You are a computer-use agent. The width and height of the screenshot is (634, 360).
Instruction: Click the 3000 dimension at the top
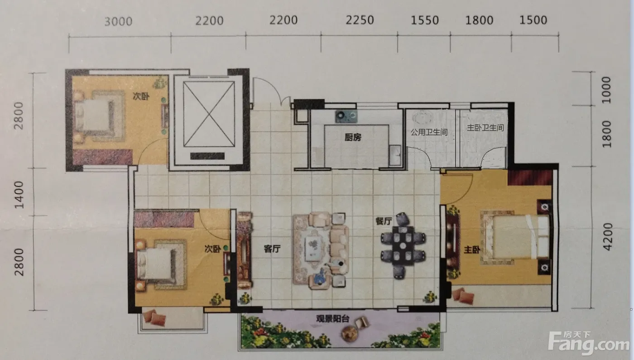click(118, 22)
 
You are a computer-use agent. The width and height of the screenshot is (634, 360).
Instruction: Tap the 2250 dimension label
click(360, 20)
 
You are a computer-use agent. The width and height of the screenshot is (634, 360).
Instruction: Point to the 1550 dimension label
click(425, 20)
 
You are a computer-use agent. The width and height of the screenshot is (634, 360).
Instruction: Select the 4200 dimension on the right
click(607, 236)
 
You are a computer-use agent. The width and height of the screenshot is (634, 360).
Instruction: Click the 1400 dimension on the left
click(19, 195)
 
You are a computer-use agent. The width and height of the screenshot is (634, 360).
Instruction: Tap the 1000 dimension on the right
click(606, 90)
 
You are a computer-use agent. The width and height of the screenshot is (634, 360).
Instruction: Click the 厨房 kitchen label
click(353, 137)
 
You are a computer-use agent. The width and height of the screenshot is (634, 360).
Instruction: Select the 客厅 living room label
click(272, 249)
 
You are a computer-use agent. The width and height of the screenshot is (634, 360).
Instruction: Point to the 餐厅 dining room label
click(384, 221)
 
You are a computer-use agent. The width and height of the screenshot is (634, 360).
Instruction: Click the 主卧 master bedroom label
click(472, 250)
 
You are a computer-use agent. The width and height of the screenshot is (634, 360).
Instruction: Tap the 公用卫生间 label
click(429, 132)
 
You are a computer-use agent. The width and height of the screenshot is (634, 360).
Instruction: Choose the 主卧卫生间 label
click(485, 128)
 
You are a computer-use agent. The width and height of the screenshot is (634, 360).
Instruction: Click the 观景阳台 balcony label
click(332, 319)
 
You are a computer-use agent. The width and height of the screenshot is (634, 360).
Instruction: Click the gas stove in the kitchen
click(346, 116)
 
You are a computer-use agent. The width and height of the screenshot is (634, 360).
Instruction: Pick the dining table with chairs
click(403, 245)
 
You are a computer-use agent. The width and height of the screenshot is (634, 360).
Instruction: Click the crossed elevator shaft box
click(209, 114)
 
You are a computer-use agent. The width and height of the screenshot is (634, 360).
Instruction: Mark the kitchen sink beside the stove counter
click(395, 155)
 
